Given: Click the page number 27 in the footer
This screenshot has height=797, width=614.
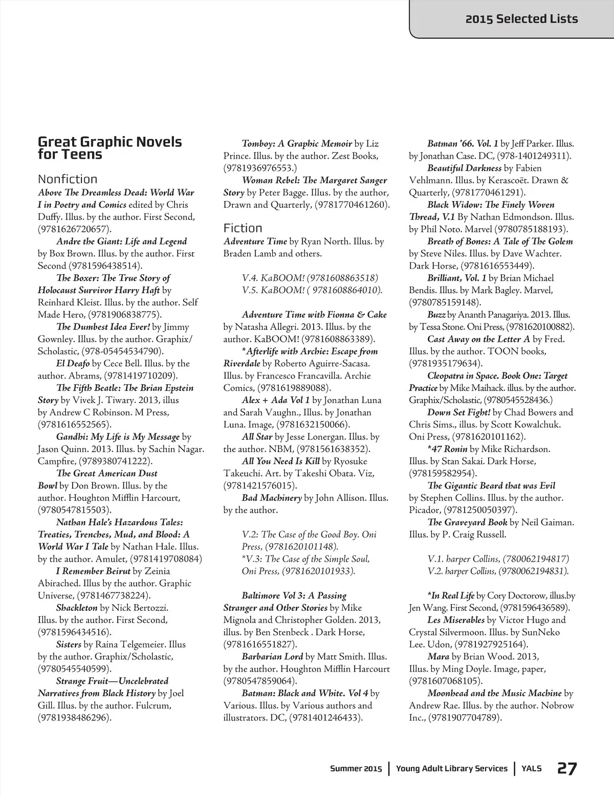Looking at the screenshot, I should (567, 769).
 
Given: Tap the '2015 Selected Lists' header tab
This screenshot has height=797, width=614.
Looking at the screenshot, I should (521, 19).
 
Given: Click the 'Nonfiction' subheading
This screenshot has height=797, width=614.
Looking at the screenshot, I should (68, 179).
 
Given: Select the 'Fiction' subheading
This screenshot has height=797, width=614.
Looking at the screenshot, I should (243, 228).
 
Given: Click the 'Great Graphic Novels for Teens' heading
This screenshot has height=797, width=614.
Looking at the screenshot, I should (109, 148).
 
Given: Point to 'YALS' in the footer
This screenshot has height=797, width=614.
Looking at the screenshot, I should (532, 769).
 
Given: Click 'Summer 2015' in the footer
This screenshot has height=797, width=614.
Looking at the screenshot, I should (356, 769).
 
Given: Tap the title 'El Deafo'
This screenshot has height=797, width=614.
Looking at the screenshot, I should (73, 364).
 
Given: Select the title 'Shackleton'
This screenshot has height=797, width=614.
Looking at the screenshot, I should (77, 608).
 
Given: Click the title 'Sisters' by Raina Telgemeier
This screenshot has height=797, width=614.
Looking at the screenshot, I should (69, 645).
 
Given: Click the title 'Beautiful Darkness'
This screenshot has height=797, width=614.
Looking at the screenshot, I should (464, 168).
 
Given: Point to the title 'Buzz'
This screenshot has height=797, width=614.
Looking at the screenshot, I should (436, 315).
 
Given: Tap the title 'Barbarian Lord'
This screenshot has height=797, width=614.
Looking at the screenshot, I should (272, 657).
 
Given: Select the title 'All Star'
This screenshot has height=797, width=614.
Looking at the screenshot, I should (257, 437).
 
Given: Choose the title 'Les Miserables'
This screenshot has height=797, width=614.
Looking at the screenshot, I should (456, 620).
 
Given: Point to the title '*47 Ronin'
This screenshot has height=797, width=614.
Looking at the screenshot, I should (447, 449).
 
